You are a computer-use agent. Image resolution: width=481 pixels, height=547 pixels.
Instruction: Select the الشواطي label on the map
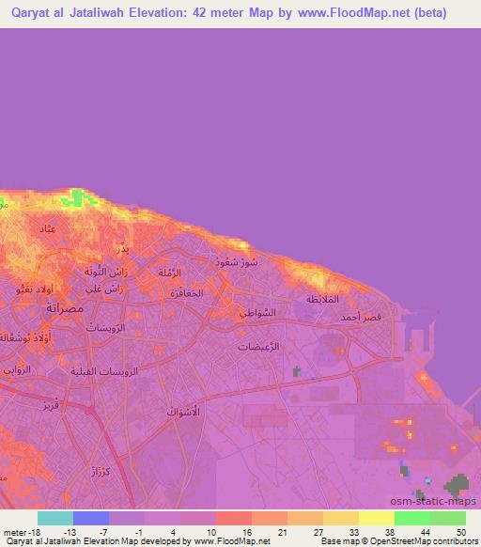pos(256,313)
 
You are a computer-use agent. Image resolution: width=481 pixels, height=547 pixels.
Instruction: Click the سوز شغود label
pos(235,262)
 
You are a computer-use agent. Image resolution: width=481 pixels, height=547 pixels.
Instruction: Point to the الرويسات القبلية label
pos(104,371)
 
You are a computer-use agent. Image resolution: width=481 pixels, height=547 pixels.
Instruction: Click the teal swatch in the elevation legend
pos(55,518)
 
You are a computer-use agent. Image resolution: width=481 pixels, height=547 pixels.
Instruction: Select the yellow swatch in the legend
pos(376,518)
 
